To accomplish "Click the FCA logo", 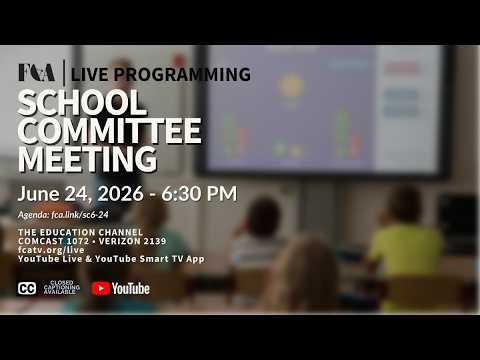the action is [37, 73].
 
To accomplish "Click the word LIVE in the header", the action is [90, 74].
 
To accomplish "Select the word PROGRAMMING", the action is [182, 74].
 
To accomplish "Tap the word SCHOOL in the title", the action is [82, 103].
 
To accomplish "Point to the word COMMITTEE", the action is [110, 131].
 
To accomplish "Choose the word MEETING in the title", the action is [87, 159].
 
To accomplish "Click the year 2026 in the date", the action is [120, 193].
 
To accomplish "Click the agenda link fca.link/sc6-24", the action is [80, 215].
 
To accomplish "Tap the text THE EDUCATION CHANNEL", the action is [80, 232].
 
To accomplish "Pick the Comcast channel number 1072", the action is [77, 241].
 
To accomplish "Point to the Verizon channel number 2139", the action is [154, 241].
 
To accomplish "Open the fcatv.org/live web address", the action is [51, 250].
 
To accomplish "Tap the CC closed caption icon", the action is [27, 288].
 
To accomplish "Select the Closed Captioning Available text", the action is [62, 288].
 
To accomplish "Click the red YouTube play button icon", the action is [101, 289].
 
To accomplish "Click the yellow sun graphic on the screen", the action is [291, 85].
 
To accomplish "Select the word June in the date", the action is [39, 193].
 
